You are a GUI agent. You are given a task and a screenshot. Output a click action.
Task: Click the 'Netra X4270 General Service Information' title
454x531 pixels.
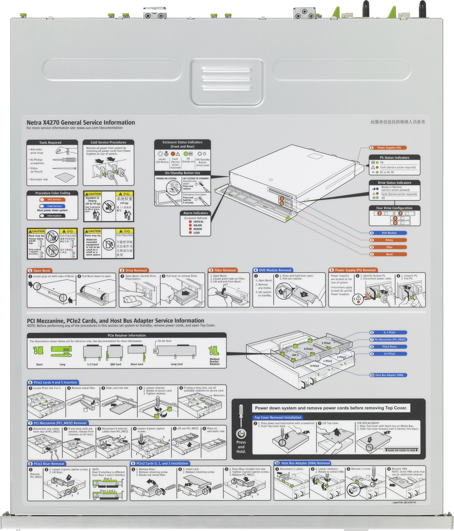(x=81, y=122)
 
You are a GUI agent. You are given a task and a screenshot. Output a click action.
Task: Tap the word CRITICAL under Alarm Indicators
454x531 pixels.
(x=198, y=222)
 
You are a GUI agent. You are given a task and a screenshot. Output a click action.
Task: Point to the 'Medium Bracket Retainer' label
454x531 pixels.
(x=215, y=361)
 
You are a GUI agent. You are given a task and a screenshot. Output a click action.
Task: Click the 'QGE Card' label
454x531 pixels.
(x=116, y=364)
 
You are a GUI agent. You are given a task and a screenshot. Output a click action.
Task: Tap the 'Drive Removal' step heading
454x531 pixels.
(x=136, y=270)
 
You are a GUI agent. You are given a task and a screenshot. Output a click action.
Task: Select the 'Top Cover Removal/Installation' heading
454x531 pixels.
(x=278, y=417)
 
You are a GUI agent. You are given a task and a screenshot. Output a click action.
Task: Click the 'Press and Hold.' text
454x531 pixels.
(x=241, y=447)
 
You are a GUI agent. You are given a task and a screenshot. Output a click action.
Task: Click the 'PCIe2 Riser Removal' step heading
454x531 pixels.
(x=49, y=464)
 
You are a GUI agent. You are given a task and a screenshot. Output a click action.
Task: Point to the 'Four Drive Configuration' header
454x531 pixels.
(x=394, y=208)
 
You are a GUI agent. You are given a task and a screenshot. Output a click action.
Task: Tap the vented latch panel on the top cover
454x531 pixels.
(x=227, y=82)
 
